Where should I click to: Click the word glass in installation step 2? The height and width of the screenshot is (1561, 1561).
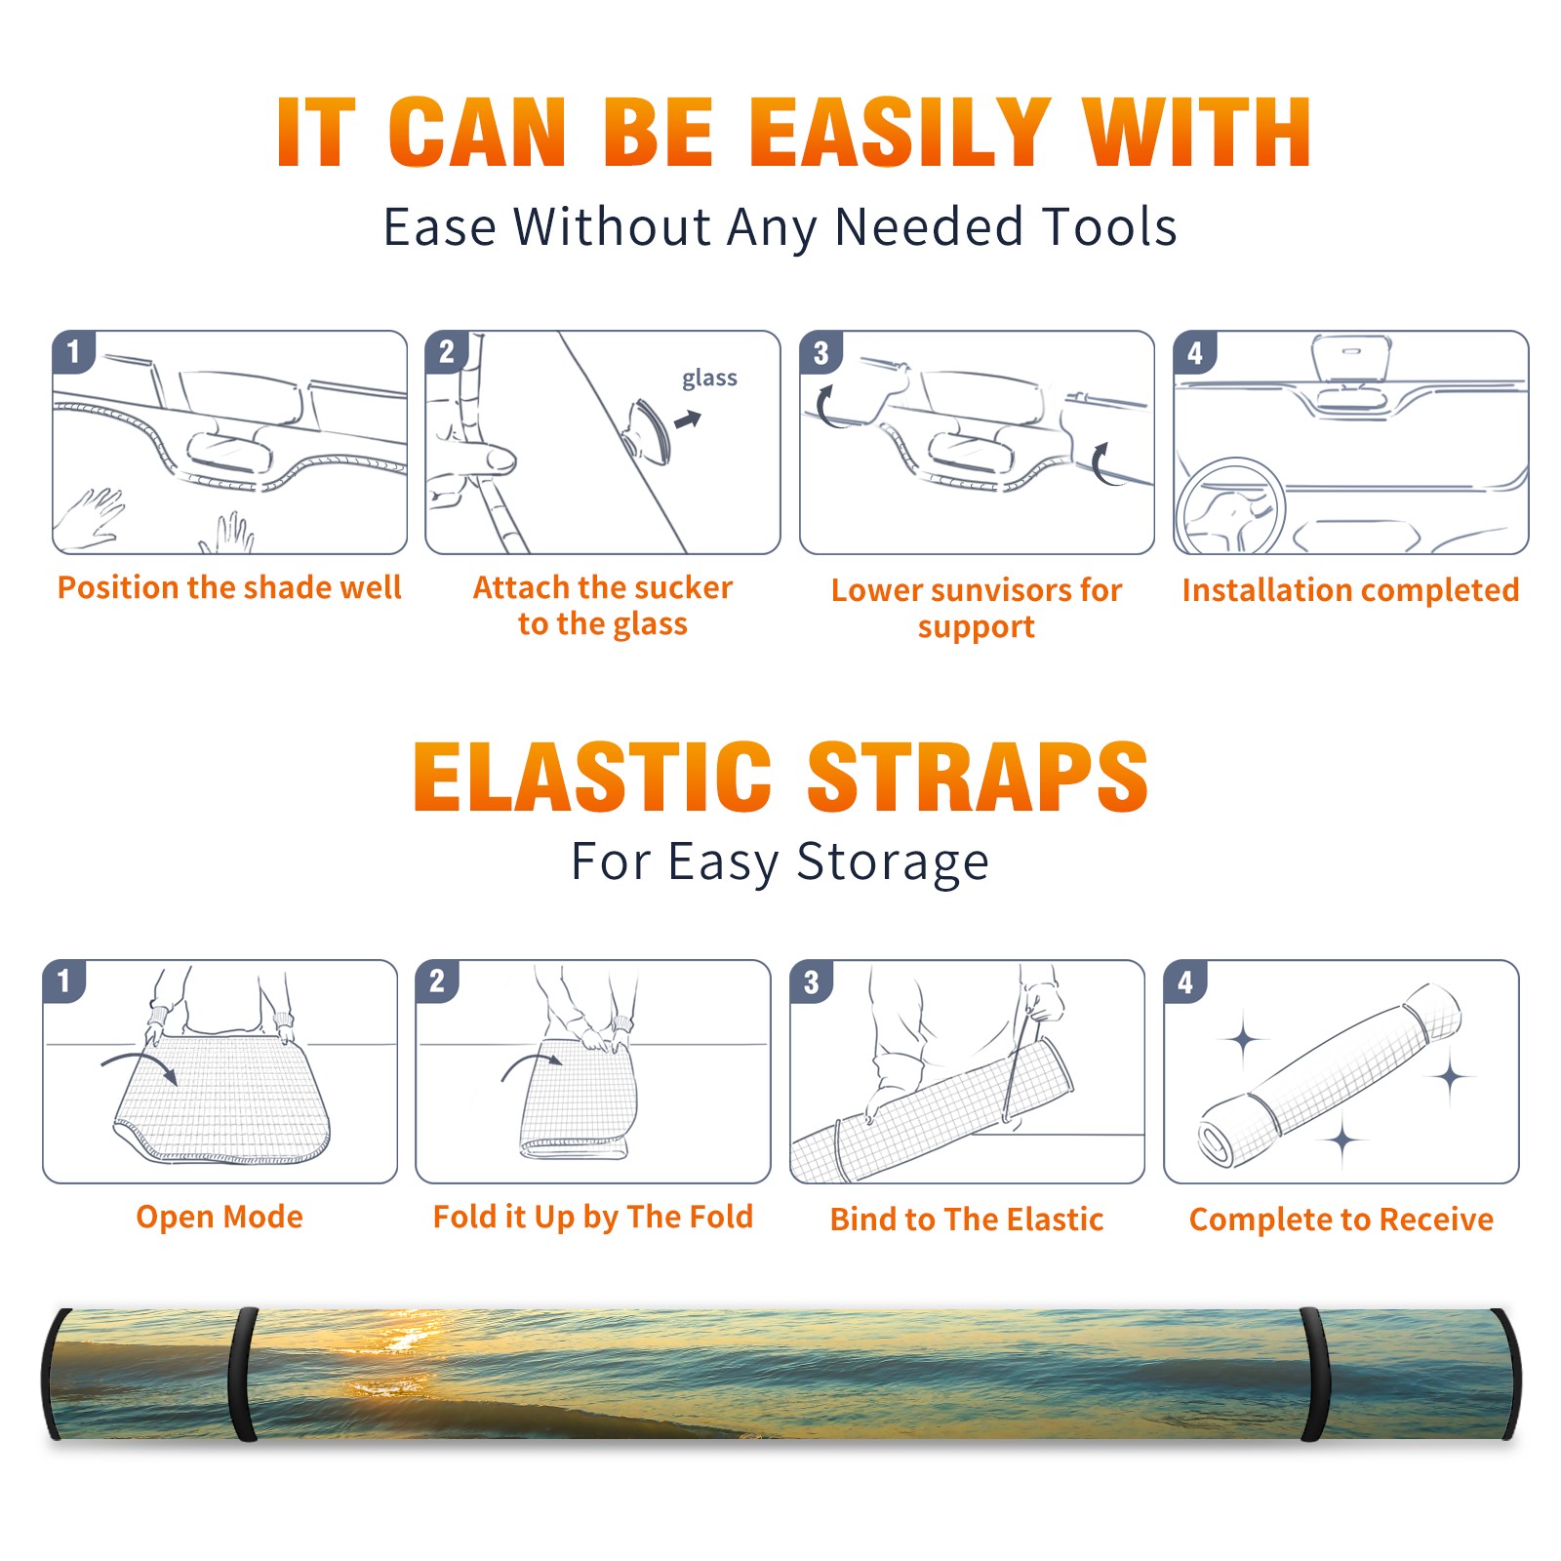pos(709,379)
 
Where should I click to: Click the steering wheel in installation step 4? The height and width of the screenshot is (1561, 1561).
pos(1229,506)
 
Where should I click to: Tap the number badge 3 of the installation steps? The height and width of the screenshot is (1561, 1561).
pos(821,352)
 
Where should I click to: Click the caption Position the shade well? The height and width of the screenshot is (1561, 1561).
pos(229,587)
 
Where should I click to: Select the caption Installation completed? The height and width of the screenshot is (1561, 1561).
pos(1350,589)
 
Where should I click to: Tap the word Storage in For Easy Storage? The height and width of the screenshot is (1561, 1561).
pos(893,862)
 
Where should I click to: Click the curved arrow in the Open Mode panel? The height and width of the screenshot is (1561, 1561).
pos(140,1064)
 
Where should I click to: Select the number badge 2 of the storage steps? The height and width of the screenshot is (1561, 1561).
pos(437,981)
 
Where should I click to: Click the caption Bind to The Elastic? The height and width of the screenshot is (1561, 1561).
pos(967,1220)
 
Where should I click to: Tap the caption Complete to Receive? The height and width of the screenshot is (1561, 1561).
pos(1341,1220)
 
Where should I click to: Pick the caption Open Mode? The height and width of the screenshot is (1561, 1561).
pos(220,1217)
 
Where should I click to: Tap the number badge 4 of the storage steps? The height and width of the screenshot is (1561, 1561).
pos(1185,981)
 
